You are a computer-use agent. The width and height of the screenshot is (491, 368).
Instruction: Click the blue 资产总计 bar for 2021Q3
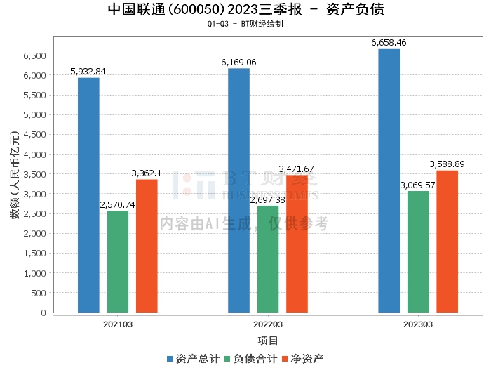88,195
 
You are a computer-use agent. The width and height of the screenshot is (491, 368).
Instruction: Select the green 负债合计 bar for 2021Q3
118,261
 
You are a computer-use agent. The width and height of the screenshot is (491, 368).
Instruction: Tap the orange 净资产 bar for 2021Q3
147,246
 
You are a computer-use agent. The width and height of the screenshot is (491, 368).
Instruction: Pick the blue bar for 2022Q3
238,190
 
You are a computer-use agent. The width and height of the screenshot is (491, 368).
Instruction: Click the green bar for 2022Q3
268,259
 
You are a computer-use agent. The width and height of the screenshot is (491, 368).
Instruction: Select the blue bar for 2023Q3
389,180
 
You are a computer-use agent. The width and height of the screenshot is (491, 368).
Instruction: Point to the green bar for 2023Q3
418,251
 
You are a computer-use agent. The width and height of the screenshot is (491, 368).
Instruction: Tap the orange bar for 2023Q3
447,242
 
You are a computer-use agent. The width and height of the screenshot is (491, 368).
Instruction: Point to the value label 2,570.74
118,204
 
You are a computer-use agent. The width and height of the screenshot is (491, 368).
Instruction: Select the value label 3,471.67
297,169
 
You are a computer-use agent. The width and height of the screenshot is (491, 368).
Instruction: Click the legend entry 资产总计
192,358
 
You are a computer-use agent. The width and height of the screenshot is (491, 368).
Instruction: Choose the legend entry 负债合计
250,358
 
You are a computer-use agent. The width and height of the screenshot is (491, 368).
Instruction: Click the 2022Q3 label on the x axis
268,324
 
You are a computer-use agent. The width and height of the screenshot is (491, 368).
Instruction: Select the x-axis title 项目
268,341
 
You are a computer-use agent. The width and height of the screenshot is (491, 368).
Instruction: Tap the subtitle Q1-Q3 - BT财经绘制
245,23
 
